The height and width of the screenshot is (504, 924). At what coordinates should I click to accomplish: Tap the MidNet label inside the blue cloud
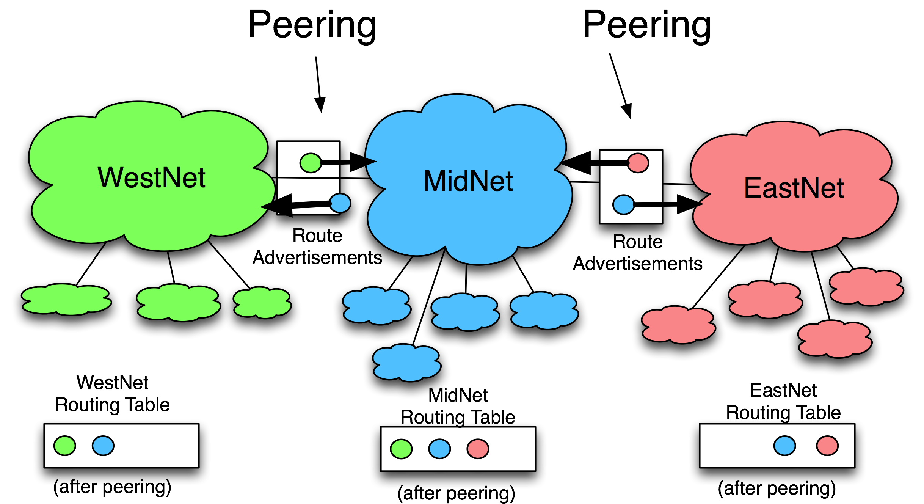468,181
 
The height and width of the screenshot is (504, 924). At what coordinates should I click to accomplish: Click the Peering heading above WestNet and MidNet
312,25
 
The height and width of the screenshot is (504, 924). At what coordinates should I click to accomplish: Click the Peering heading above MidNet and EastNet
647,25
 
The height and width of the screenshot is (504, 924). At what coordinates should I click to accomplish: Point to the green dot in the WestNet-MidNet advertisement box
311,163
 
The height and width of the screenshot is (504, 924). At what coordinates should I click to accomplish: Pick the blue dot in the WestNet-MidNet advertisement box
339,203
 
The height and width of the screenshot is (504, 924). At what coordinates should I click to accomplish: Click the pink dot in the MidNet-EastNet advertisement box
638,163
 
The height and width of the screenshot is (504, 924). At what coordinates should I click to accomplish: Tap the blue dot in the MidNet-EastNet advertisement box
623,204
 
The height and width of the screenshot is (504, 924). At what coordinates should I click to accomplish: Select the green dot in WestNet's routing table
65,445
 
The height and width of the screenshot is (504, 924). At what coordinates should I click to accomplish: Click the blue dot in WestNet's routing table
103,445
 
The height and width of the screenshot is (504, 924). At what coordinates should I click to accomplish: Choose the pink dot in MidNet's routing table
478,449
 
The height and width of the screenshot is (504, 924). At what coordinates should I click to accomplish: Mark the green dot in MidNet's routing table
401,449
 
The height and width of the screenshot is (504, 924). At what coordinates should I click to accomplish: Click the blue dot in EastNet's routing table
784,445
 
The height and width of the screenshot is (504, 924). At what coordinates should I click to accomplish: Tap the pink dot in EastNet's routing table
827,445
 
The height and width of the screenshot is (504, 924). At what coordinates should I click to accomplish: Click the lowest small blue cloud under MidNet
406,362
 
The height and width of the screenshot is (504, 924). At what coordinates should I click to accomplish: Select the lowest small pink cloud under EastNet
834,339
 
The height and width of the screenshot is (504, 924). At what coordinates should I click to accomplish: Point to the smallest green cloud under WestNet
262,302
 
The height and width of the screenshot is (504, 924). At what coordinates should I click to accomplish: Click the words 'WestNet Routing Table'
112,394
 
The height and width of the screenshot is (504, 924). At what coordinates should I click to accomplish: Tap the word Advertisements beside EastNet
637,264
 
